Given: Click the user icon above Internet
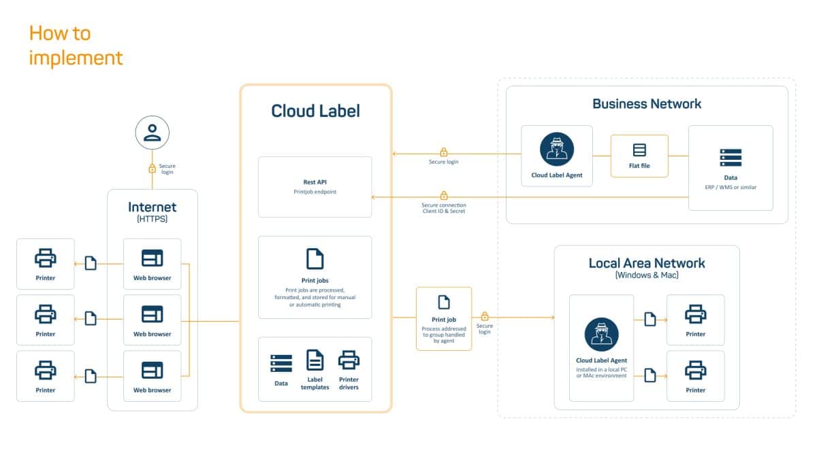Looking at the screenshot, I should [x=152, y=132].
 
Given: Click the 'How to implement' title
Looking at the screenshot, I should [x=76, y=45].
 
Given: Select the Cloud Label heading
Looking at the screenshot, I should [x=315, y=111].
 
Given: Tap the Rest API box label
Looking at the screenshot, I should [x=315, y=182].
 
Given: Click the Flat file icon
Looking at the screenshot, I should [x=639, y=150].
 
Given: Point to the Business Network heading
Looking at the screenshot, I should [x=646, y=103].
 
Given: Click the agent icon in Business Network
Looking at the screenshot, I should [x=556, y=149].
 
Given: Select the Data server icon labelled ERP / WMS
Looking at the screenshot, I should [x=731, y=157].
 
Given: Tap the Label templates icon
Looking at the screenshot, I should [x=315, y=360].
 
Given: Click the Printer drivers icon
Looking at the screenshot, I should [x=349, y=360].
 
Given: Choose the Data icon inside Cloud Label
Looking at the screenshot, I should [x=281, y=362].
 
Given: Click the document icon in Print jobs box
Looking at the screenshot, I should [x=315, y=258].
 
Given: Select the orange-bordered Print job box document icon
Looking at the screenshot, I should [x=444, y=301].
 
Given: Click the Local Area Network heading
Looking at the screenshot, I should [x=646, y=263].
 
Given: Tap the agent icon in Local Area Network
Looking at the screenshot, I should [x=601, y=335].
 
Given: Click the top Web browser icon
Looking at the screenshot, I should [x=152, y=258].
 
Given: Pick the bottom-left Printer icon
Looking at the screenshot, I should [x=46, y=371].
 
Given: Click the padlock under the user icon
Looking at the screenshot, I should [x=152, y=168].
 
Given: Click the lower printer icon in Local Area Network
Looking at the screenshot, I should [x=695, y=371].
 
